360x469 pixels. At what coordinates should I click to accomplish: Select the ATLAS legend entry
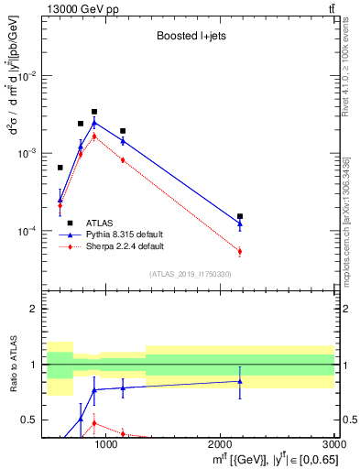(101, 223)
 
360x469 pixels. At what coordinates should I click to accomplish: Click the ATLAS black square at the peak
(94, 112)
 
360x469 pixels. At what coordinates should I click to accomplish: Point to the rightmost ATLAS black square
(240, 216)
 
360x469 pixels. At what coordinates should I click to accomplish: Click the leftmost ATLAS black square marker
(60, 168)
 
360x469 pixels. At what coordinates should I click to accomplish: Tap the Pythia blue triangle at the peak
(94, 123)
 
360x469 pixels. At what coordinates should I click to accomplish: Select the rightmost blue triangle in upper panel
(240, 223)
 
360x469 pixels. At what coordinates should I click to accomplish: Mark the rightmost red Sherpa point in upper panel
(240, 251)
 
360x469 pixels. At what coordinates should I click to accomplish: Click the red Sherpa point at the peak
(94, 136)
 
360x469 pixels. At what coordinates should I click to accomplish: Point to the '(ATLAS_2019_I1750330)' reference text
(189, 274)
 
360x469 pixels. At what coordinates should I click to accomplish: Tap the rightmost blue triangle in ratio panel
(240, 381)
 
